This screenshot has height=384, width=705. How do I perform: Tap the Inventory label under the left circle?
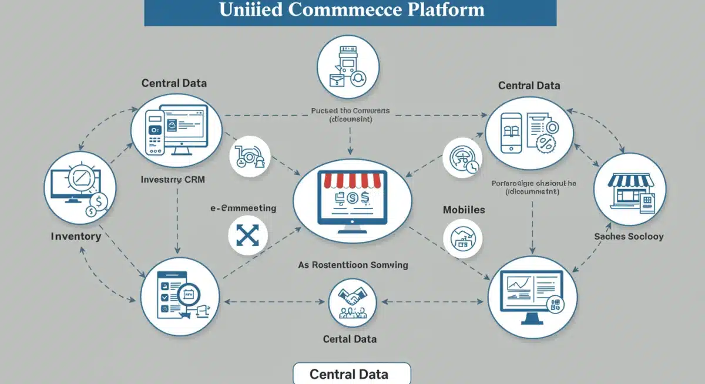76,236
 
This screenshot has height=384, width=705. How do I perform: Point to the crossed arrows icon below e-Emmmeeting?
247,236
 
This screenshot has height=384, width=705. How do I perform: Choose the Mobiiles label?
464,210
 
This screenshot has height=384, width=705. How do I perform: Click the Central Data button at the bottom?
352,374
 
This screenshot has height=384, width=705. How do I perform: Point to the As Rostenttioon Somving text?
352,265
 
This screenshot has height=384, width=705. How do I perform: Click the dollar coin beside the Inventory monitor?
98,201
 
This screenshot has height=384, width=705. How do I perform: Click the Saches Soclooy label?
629,236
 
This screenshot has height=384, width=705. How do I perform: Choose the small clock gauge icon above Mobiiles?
462,158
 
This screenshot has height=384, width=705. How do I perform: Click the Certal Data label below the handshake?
350,339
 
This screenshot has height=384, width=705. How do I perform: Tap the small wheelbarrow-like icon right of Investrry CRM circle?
249,157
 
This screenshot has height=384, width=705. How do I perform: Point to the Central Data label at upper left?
174,83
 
